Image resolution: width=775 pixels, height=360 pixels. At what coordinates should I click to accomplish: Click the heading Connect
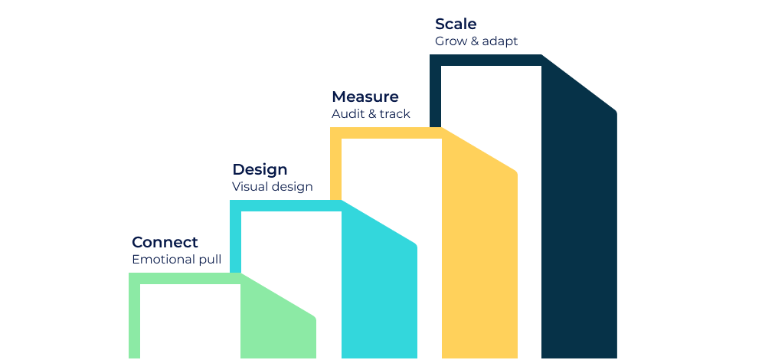165,242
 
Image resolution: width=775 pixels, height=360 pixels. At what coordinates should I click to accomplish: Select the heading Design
260,169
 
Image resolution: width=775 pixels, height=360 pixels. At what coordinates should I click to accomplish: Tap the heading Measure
365,97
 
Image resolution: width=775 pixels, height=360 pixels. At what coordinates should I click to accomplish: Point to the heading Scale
456,24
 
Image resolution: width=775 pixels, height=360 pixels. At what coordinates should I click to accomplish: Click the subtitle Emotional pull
176,260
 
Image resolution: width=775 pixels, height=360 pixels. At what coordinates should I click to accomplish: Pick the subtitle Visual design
273,186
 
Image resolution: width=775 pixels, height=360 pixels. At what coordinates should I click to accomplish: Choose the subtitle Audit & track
371,113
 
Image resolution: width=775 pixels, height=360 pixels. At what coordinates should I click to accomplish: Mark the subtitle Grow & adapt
476,41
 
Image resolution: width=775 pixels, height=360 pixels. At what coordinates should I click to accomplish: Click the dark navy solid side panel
579,213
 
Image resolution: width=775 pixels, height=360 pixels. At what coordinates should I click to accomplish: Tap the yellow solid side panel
479,247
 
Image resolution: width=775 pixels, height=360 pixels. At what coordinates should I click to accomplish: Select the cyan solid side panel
379,282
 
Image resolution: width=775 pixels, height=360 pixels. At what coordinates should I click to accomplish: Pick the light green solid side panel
278,319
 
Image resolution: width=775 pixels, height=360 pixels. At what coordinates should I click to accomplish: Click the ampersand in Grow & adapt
475,41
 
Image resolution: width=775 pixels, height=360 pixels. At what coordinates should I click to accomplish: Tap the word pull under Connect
210,260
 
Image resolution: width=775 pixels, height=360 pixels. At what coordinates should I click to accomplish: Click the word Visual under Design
247,186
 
